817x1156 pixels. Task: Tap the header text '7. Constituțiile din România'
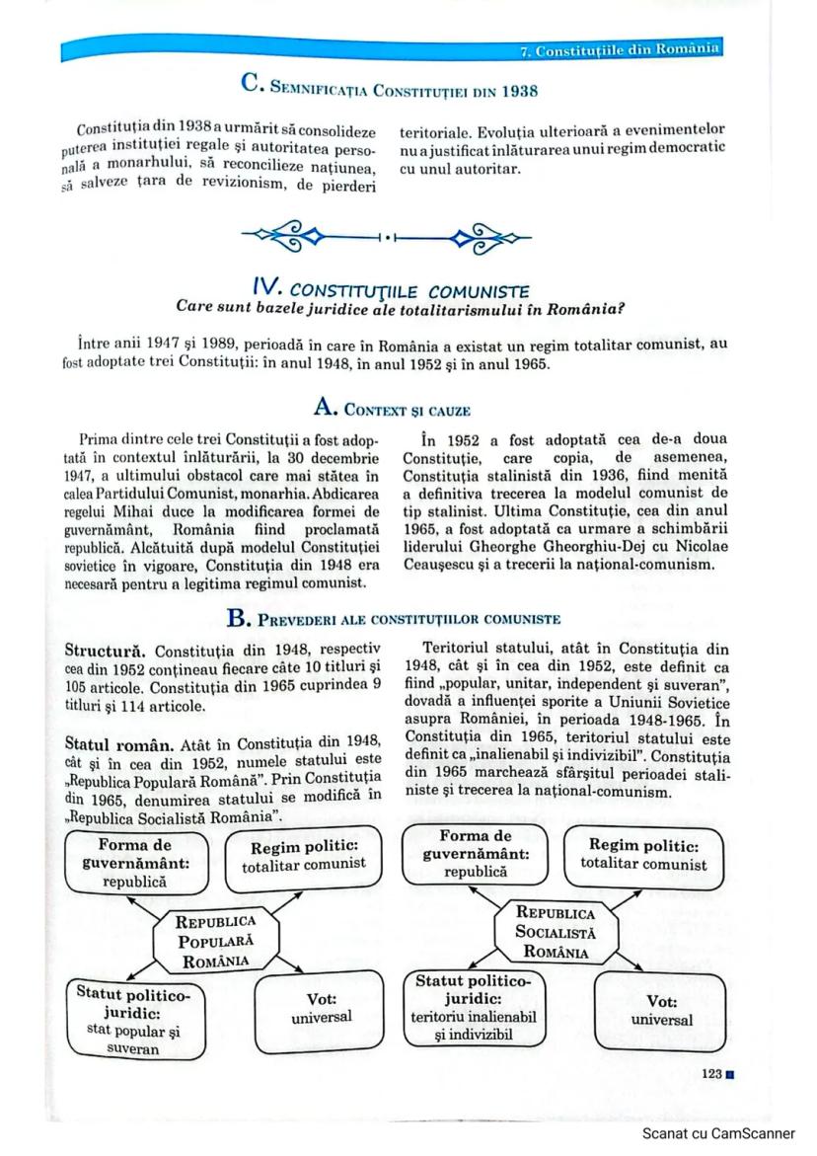[x=621, y=49]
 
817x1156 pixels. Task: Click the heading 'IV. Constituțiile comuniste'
[x=390, y=290]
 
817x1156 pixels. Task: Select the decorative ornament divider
[x=386, y=237]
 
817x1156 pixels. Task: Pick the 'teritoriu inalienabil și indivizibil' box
[x=473, y=1008]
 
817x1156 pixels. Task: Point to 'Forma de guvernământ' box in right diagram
[x=475, y=854]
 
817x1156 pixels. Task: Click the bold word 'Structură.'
[x=106, y=651]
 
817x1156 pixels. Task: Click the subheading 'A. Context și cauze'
[x=391, y=408]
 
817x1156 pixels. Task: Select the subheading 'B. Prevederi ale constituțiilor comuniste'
[x=394, y=619]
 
